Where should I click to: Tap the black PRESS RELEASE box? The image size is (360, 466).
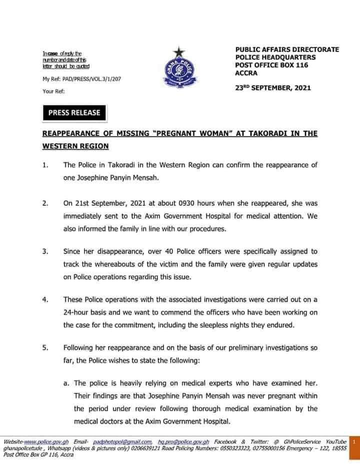pos(74,112)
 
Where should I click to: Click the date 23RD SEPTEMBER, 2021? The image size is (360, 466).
pos(273,88)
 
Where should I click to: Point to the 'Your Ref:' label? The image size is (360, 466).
pos(53,91)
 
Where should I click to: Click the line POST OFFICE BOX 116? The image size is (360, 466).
pos(271,65)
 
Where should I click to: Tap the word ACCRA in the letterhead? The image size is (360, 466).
pos(246,73)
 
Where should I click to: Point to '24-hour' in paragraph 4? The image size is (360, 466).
pos(77,311)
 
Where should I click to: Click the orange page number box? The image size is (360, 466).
pos(353,442)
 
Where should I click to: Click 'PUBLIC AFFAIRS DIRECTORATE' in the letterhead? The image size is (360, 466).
pos(287,49)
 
